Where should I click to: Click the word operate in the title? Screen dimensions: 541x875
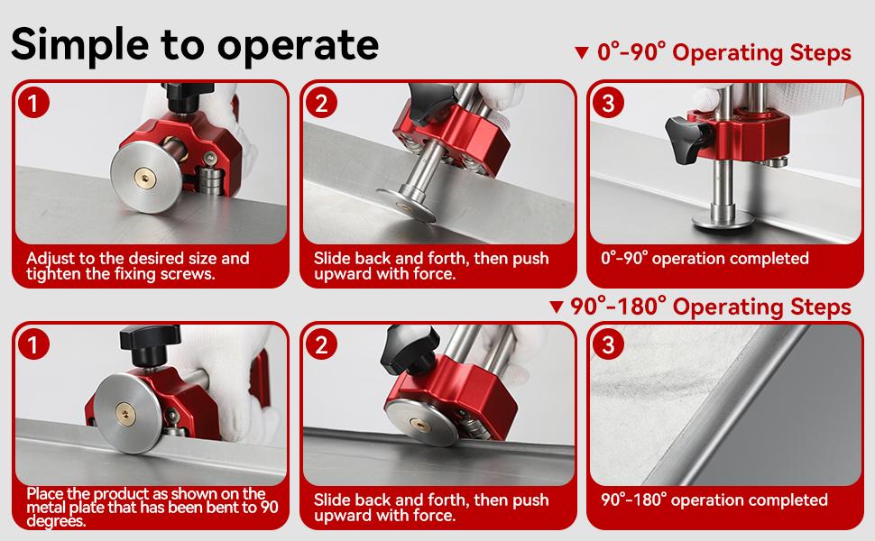[301, 45]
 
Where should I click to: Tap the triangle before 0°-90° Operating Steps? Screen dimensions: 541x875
[581, 53]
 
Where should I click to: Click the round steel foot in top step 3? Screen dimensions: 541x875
[722, 223]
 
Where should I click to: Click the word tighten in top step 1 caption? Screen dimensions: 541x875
[51, 274]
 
